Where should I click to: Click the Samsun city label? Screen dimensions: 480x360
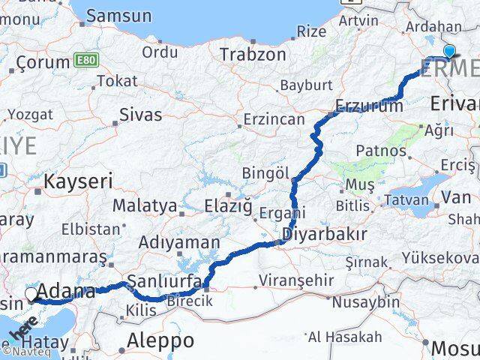click(x=118, y=15)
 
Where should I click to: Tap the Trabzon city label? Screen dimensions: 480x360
click(x=253, y=55)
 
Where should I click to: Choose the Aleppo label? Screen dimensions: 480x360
click(x=160, y=340)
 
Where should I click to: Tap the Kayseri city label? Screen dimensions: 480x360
click(x=78, y=181)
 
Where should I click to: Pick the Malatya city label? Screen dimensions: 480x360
click(x=145, y=205)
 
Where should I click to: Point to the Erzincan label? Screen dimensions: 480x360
click(x=274, y=119)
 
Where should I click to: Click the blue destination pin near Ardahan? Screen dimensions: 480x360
click(x=449, y=51)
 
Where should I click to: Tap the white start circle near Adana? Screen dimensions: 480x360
click(x=31, y=294)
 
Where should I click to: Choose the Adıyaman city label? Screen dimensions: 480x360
click(x=179, y=242)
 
